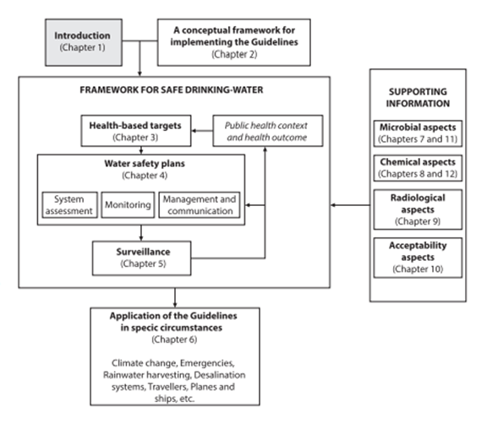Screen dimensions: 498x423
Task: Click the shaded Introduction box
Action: tap(84, 42)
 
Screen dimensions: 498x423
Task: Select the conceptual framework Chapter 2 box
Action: tap(233, 42)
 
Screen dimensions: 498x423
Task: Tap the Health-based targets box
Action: tap(136, 131)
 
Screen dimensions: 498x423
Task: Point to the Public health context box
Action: tap(268, 131)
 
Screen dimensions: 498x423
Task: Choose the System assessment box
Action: tap(70, 205)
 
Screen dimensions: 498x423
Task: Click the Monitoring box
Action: tap(128, 205)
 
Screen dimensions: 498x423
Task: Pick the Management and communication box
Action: tap(200, 205)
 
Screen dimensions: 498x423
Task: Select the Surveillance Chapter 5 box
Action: tap(142, 258)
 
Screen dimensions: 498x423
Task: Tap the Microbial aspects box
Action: tap(418, 133)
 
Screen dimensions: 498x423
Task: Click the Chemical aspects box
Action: tap(418, 168)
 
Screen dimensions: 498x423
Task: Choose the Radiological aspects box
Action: tap(418, 209)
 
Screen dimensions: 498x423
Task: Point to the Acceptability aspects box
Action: tap(418, 258)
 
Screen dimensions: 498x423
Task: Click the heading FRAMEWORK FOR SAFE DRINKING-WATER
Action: tap(172, 90)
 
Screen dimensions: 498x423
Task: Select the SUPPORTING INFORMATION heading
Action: tap(418, 98)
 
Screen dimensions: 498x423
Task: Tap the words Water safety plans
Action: tap(145, 164)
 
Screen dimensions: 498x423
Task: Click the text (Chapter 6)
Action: tap(174, 339)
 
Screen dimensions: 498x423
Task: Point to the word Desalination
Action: tap(220, 375)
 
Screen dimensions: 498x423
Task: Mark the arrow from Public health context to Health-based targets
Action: tap(202, 131)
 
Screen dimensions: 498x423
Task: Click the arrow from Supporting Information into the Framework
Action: tap(350, 205)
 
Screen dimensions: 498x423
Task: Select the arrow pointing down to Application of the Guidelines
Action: tap(175, 298)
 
